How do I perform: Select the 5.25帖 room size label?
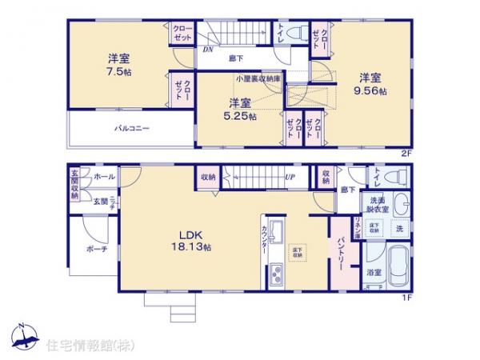tap(240, 116)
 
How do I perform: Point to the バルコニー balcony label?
tap(131, 128)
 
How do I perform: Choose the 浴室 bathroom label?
tap(374, 273)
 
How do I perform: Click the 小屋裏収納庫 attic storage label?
tap(258, 79)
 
